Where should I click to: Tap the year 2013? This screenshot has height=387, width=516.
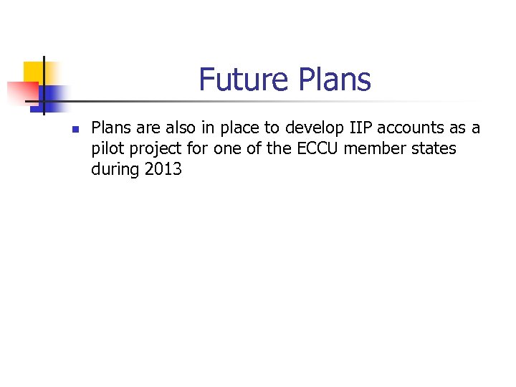[x=163, y=170]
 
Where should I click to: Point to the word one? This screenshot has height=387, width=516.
[x=226, y=149]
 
